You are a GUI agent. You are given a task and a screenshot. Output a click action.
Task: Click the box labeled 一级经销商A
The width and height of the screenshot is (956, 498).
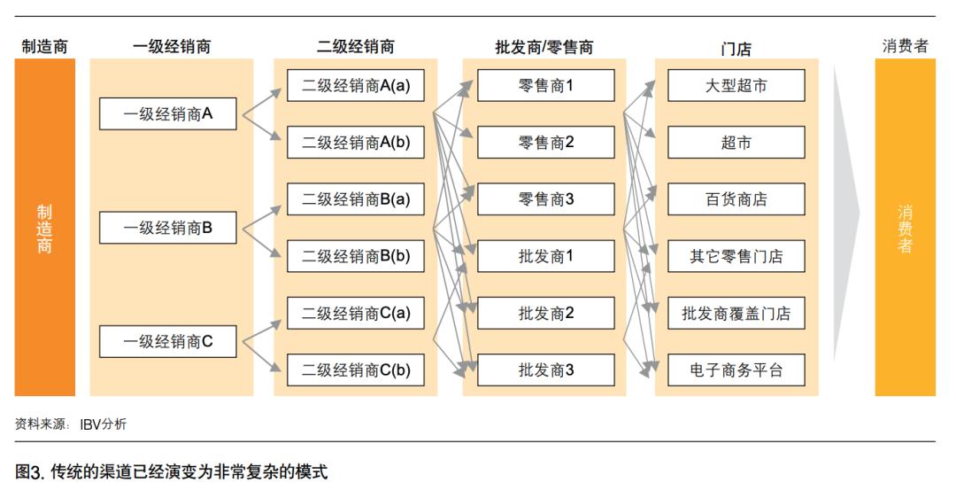pos(168,113)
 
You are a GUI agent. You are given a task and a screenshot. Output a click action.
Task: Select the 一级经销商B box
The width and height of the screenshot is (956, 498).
pos(168,228)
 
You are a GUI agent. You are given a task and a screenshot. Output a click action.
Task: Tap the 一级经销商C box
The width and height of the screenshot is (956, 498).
pos(168,341)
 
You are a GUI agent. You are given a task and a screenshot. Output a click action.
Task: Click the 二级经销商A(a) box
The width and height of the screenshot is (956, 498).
pos(355,85)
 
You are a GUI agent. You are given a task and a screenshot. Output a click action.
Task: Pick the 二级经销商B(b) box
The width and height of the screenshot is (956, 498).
pos(355,256)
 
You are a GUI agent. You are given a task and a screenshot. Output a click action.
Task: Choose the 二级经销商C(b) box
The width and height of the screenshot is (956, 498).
pos(355,370)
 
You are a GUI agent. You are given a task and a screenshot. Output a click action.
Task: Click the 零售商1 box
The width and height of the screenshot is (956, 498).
pos(546,85)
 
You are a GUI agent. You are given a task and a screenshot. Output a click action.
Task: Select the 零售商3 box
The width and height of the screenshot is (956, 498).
pos(546,199)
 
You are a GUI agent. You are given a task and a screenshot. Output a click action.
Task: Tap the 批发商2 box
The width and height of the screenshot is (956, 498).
pos(546,313)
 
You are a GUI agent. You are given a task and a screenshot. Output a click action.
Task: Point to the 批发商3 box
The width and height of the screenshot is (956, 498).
pos(546,370)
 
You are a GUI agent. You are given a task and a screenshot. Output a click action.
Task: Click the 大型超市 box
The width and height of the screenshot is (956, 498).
pos(736,85)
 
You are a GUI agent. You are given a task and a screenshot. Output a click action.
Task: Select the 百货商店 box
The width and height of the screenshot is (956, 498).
pos(736,199)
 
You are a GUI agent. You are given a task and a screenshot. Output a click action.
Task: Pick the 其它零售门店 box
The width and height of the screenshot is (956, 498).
pos(736,256)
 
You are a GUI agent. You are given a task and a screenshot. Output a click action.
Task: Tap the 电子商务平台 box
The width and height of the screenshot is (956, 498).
pos(736,370)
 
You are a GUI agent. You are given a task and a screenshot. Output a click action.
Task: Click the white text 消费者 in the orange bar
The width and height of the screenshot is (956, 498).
pos(905,229)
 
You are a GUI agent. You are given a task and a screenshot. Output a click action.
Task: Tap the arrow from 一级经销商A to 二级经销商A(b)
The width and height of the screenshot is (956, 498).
pos(264,128)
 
